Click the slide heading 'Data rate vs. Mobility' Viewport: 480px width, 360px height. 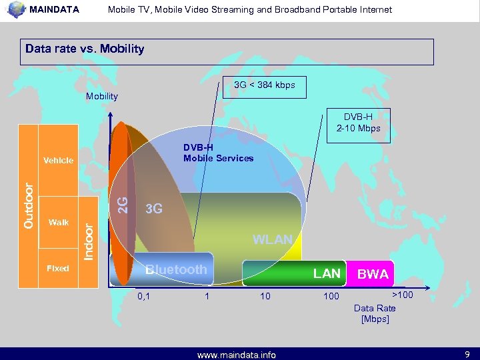click(x=85, y=49)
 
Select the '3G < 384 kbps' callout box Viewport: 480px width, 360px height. click(x=264, y=85)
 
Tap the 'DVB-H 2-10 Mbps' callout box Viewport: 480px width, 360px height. click(x=357, y=122)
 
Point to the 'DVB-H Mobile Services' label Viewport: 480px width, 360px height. click(x=218, y=153)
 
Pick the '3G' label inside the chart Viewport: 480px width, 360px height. click(x=154, y=209)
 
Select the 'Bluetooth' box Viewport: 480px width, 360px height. click(x=176, y=270)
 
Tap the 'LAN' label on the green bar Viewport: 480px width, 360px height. click(x=327, y=273)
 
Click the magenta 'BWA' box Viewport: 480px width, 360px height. click(x=373, y=273)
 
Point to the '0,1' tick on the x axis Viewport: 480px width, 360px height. click(x=143, y=296)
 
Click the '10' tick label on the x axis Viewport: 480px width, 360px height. click(x=265, y=296)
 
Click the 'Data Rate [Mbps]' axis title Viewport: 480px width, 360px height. click(x=375, y=313)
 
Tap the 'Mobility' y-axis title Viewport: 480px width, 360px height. click(x=102, y=96)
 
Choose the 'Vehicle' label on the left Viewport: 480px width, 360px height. click(x=59, y=161)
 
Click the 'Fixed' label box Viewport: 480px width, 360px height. click(x=58, y=268)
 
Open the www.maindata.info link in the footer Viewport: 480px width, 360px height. click(x=236, y=355)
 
